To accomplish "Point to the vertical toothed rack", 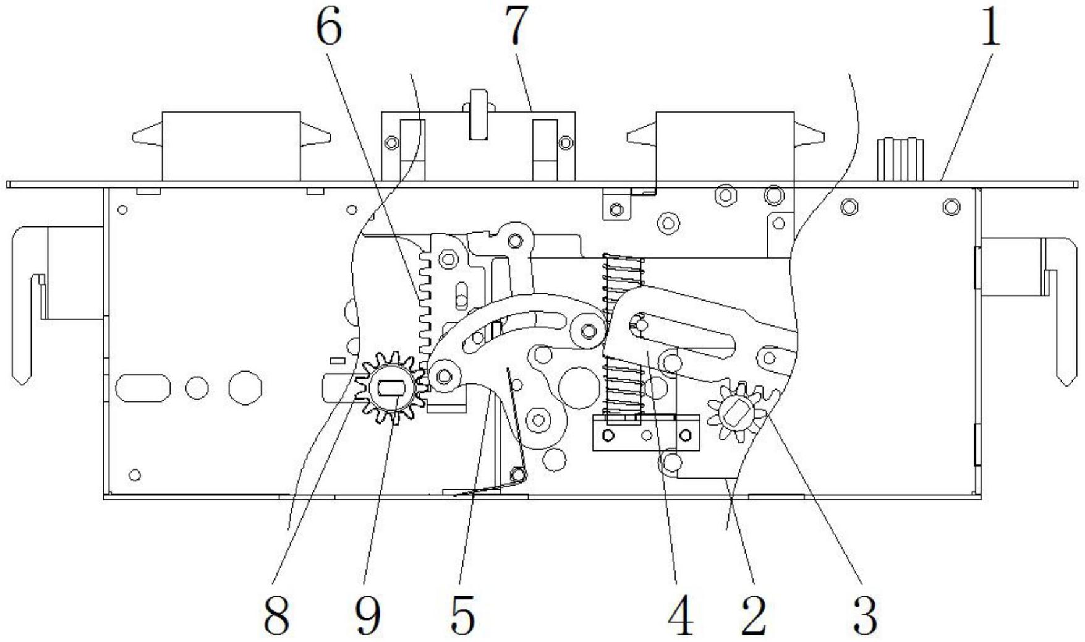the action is coord(425,303).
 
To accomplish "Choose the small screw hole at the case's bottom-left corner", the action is coord(135,475).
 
